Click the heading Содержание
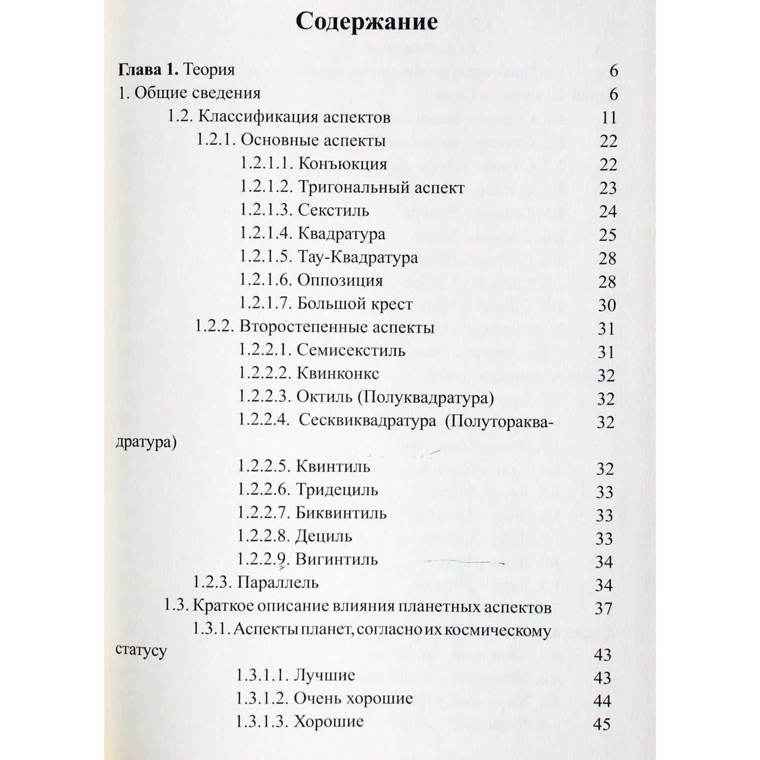tap(367, 23)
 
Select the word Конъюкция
tap(342, 164)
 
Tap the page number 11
tap(609, 117)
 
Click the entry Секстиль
tap(333, 210)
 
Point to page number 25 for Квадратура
tap(607, 235)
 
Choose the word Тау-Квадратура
tap(358, 257)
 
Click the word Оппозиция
tap(340, 280)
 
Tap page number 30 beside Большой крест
tap(607, 305)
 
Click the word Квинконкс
tap(338, 373)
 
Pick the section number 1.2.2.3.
tap(265, 397)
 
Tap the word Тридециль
tap(337, 490)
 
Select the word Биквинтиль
tap(341, 513)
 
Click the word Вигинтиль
tap(337, 559)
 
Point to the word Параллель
tap(278, 583)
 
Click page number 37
tap(603, 609)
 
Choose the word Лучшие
tap(325, 675)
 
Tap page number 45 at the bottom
tap(602, 724)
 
